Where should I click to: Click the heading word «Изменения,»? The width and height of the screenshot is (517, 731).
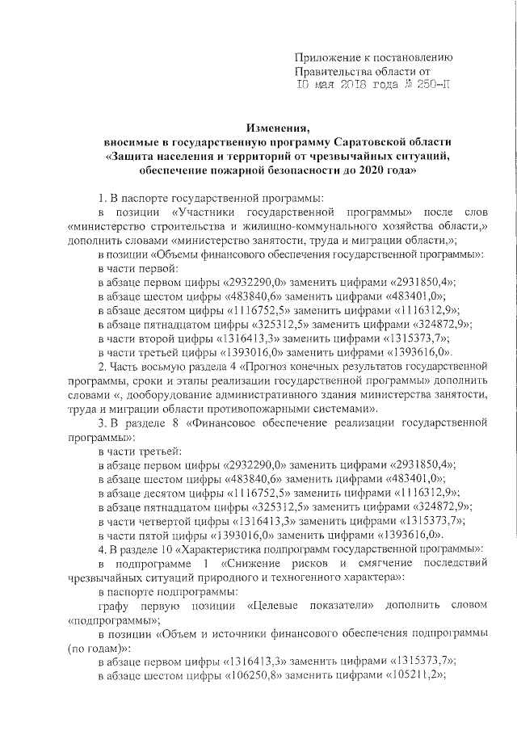(x=280, y=128)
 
